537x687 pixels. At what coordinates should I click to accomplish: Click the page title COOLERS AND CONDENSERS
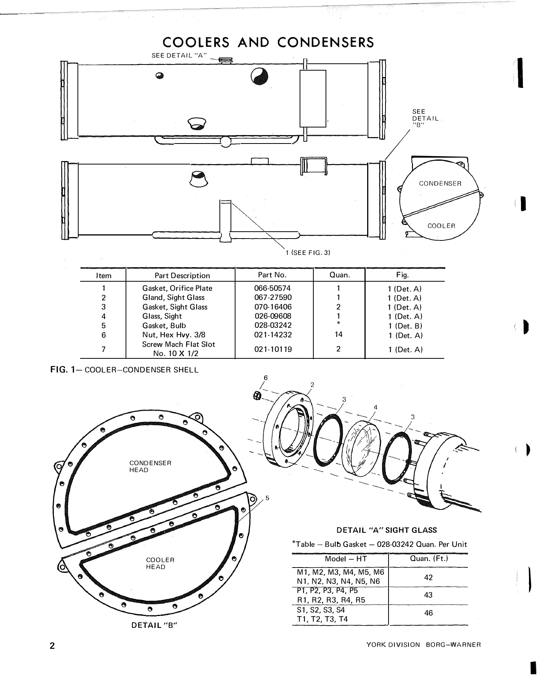(x=268, y=42)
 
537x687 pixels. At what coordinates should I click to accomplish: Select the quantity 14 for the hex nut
(x=339, y=334)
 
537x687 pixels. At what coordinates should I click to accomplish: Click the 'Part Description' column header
(x=182, y=276)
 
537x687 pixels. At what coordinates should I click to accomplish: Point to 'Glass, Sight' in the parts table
(x=162, y=316)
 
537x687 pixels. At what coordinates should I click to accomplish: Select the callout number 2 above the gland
(x=312, y=384)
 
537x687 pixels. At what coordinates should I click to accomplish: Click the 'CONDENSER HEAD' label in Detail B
(x=150, y=466)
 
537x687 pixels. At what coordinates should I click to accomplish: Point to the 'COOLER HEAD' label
(x=160, y=563)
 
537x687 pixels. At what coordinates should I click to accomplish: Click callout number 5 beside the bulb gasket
(x=268, y=498)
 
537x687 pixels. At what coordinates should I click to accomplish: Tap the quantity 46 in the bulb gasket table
(x=428, y=613)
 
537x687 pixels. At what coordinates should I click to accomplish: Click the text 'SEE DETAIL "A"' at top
(x=179, y=55)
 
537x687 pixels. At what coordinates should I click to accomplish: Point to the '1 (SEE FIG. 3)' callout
(x=308, y=253)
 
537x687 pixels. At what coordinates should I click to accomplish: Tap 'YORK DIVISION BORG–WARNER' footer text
(x=423, y=645)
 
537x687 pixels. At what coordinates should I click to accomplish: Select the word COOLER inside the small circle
(x=441, y=226)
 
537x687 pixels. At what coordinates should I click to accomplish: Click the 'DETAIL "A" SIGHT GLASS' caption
(x=386, y=530)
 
